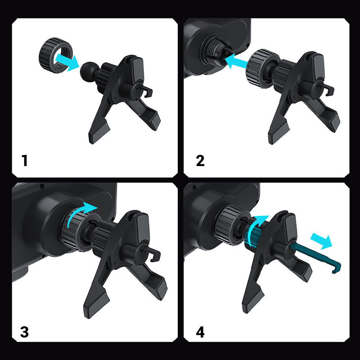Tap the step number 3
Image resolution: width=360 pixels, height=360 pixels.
[x=25, y=332]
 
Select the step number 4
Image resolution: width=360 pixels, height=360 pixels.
[x=200, y=332]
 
